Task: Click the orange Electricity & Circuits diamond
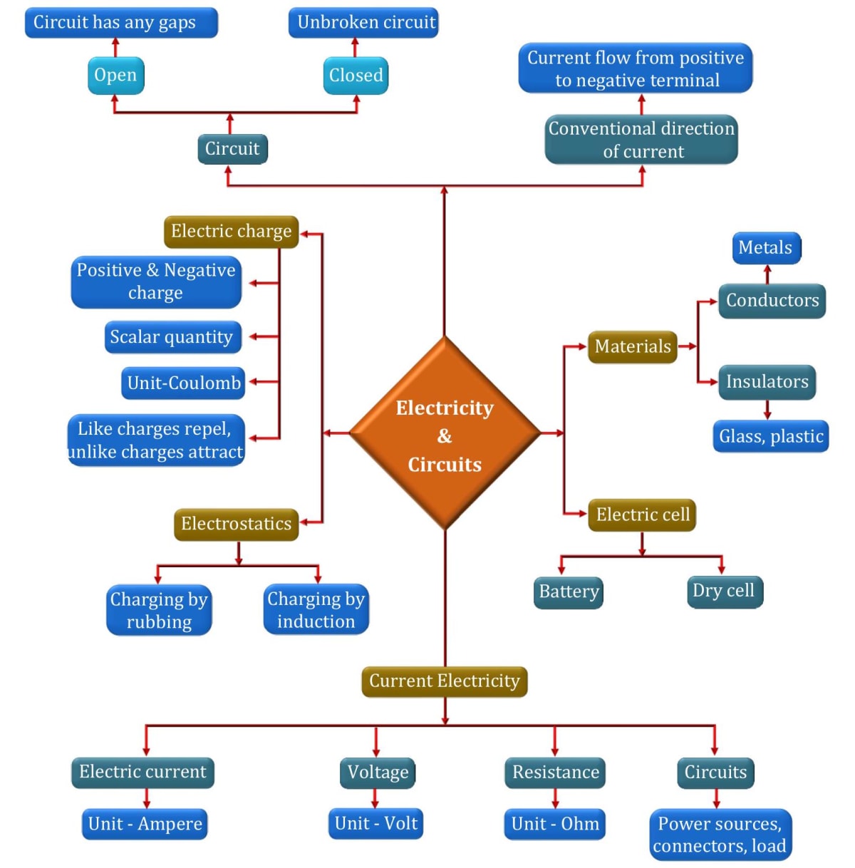coord(445,433)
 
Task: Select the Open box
coord(115,75)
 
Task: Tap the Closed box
coord(356,75)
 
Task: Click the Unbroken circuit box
coord(364,22)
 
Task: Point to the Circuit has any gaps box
coord(120,22)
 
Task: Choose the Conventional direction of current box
coord(641,140)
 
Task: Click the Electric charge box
coord(231,231)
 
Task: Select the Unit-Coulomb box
coord(184,383)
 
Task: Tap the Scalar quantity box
coord(171,337)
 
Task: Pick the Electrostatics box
coord(236,524)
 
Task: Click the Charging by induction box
coord(316,610)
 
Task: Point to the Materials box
coord(632,346)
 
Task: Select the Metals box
coord(766,247)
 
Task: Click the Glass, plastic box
coord(771,436)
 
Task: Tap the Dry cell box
coord(724,591)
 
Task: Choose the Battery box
coord(569,591)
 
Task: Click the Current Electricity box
coord(444,681)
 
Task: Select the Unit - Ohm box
coord(555,824)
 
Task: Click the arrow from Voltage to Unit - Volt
coord(376,797)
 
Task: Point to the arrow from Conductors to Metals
coord(767,274)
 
